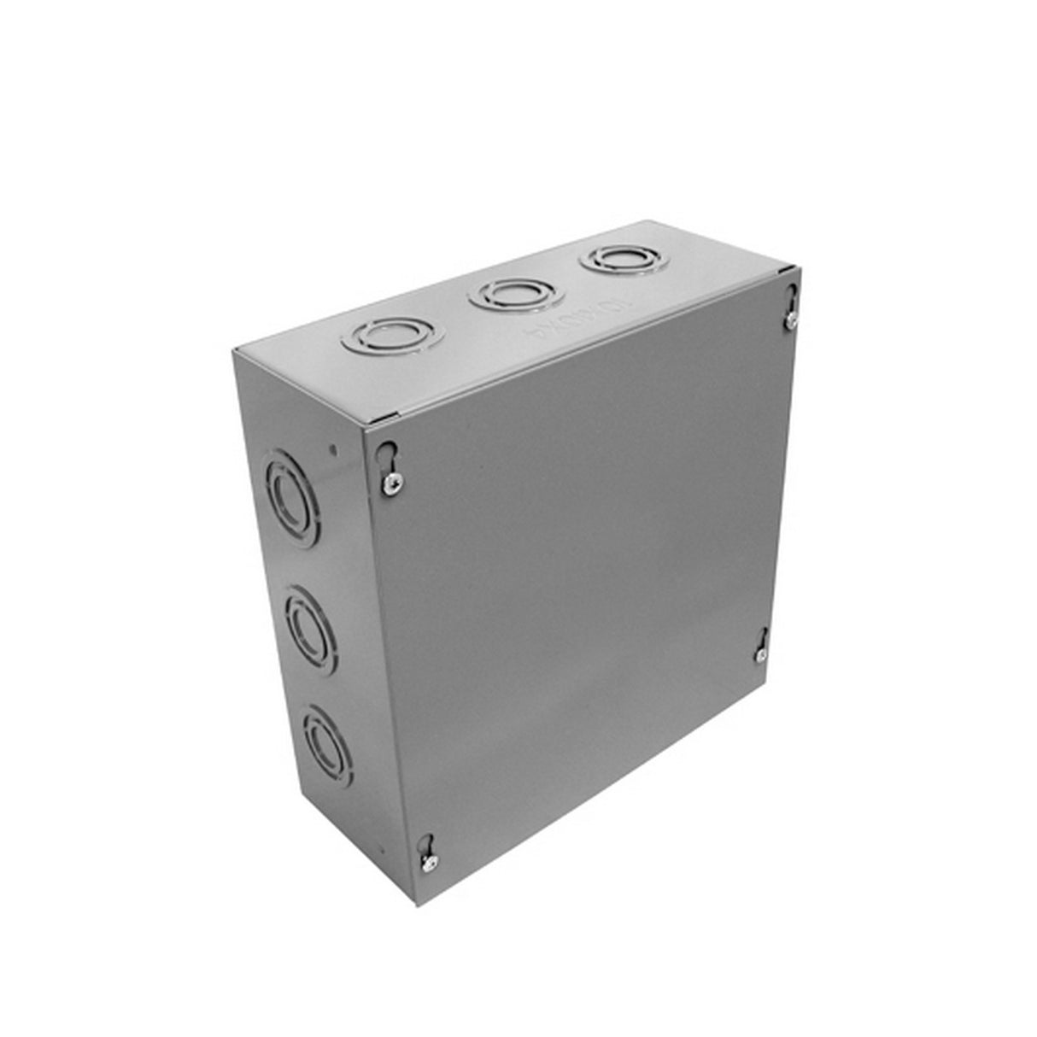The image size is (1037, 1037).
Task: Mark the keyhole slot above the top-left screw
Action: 387,452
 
